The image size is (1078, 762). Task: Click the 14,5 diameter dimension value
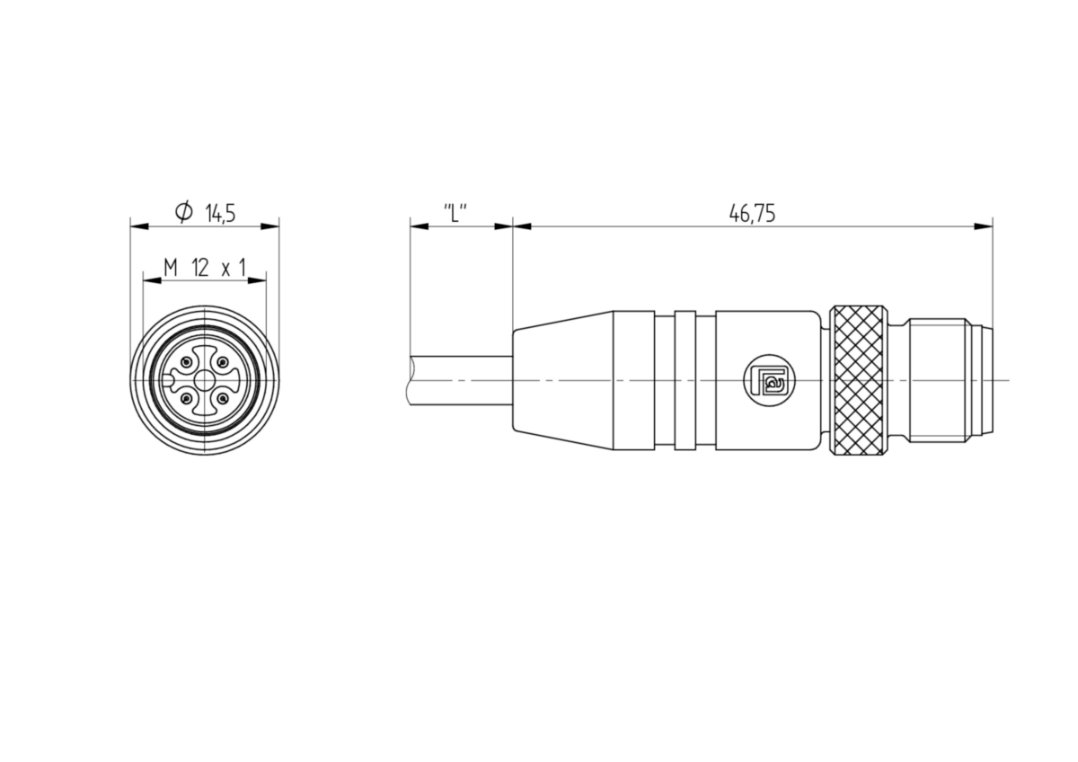(220, 213)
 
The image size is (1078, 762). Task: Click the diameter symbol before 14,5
(184, 212)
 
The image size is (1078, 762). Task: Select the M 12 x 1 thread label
(205, 268)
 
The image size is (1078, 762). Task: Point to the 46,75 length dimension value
(752, 213)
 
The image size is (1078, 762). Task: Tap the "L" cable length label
(455, 213)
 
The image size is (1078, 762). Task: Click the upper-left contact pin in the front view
(187, 362)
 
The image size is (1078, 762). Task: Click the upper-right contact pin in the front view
(223, 362)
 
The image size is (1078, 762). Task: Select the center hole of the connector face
(205, 380)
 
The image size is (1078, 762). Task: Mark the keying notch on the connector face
(167, 380)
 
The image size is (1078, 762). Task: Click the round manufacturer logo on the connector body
(769, 380)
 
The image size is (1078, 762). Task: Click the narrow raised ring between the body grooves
(685, 380)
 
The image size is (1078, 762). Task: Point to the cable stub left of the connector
(460, 380)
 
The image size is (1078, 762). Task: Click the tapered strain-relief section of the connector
(563, 380)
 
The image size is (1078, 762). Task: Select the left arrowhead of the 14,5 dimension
(139, 226)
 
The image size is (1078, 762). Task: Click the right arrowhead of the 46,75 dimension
(983, 226)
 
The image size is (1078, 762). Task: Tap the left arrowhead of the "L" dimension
(420, 226)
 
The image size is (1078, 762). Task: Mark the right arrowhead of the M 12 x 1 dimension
(257, 280)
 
